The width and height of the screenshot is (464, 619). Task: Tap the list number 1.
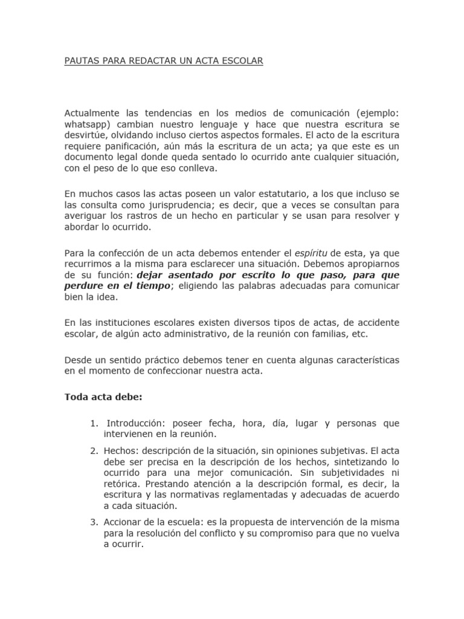(93, 424)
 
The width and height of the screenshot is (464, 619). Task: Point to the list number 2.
(93, 450)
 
